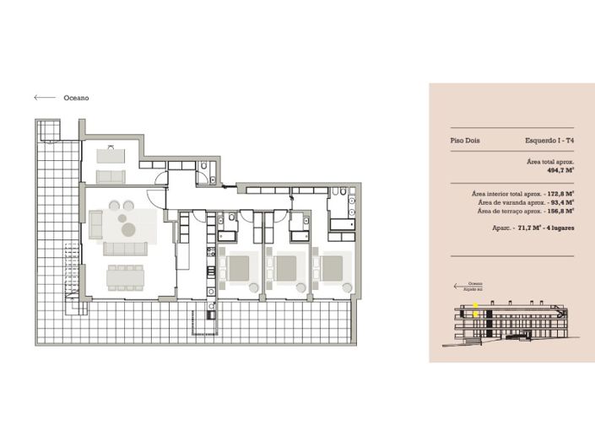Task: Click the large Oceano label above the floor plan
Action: [x=76, y=98]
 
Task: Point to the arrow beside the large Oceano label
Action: [x=45, y=98]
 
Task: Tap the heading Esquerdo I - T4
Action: [x=549, y=141]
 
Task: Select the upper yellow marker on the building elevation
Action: [x=475, y=305]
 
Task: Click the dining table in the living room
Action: [x=126, y=276]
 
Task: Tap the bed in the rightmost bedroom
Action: [x=331, y=268]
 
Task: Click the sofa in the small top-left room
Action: [x=111, y=177]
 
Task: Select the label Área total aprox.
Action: [x=550, y=160]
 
